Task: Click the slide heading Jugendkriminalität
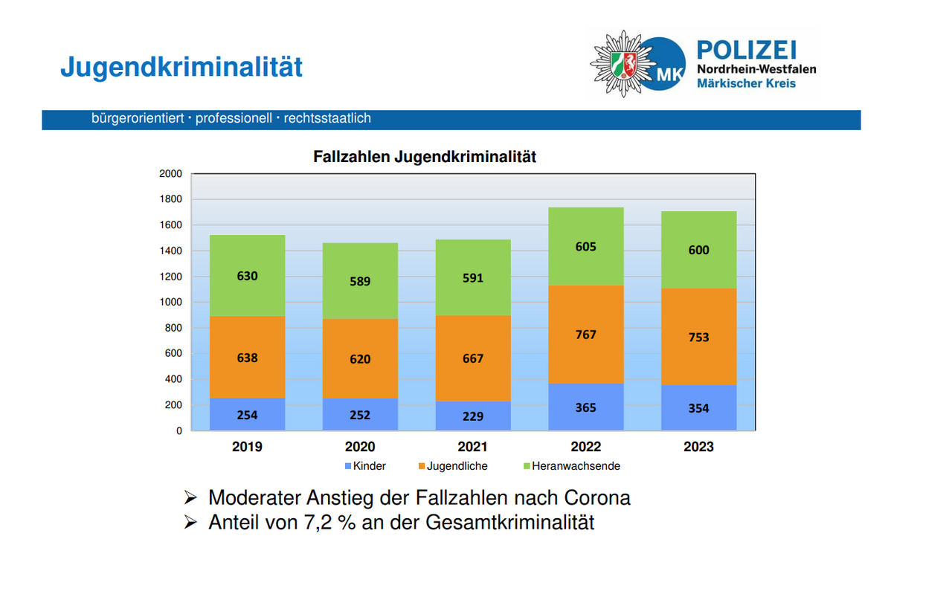click(181, 67)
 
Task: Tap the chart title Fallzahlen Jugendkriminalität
click(425, 158)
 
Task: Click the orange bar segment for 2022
click(585, 335)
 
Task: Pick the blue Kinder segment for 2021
click(472, 416)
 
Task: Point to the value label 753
click(698, 337)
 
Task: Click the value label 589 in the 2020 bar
click(360, 281)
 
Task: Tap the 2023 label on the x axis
click(698, 447)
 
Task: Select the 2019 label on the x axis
click(247, 447)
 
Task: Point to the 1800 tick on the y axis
click(170, 199)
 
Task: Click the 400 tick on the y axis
click(173, 379)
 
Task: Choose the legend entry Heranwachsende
click(576, 466)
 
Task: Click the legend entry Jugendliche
click(457, 466)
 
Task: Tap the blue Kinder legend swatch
click(347, 466)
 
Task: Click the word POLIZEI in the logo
click(746, 51)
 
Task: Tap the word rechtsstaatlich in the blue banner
click(327, 118)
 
